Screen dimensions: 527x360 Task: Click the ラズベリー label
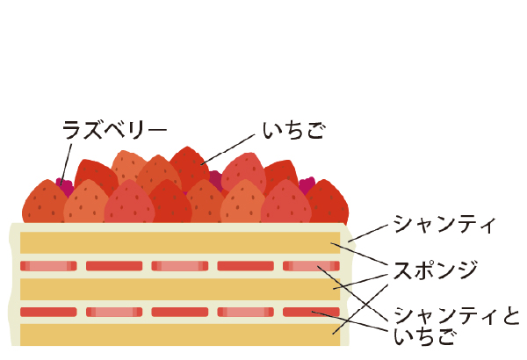pyautogui.click(x=114, y=130)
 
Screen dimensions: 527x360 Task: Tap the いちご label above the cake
pyautogui.click(x=293, y=131)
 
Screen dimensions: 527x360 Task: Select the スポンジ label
pyautogui.click(x=436, y=270)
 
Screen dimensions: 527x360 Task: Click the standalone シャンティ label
pyautogui.click(x=444, y=224)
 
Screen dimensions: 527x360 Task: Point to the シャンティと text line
pyautogui.click(x=457, y=316)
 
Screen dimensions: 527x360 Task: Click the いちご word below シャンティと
pyautogui.click(x=424, y=337)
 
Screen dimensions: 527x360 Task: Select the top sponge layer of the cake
pyautogui.click(x=180, y=242)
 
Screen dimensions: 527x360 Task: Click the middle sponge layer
pyautogui.click(x=180, y=289)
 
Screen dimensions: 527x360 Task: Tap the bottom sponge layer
pyautogui.click(x=180, y=335)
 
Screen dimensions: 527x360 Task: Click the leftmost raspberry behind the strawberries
pyautogui.click(x=65, y=186)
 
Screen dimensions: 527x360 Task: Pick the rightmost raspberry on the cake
pyautogui.click(x=307, y=185)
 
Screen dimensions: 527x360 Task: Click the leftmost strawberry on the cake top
pyautogui.click(x=45, y=202)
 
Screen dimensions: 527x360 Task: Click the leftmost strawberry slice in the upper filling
pyautogui.click(x=48, y=266)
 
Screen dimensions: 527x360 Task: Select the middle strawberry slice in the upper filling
pyautogui.click(x=180, y=266)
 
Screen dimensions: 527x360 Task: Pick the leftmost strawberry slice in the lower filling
pyautogui.click(x=48, y=312)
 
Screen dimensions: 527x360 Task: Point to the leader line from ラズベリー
pyautogui.click(x=66, y=164)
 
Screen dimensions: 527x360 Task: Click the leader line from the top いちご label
pyautogui.click(x=227, y=149)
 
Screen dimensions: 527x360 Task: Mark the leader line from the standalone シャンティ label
pyautogui.click(x=368, y=234)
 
